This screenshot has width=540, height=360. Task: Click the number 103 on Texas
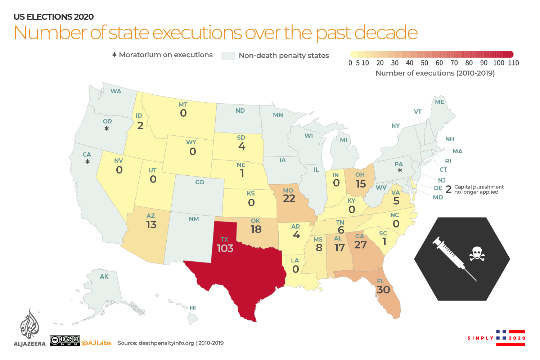pyautogui.click(x=225, y=248)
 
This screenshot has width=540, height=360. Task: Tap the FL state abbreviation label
pyautogui.click(x=381, y=281)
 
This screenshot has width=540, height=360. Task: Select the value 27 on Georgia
pyautogui.click(x=360, y=245)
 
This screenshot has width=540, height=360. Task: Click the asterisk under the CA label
pyautogui.click(x=87, y=162)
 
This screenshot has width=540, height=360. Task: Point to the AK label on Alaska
pyautogui.click(x=104, y=276)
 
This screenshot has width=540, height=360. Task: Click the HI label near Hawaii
pyautogui.click(x=193, y=308)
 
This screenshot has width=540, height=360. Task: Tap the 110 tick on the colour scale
pyautogui.click(x=513, y=63)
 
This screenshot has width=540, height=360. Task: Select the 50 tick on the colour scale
pyautogui.click(x=424, y=63)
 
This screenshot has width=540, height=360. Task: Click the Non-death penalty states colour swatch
pyautogui.click(x=228, y=56)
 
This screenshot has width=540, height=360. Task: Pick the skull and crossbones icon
pyautogui.click(x=477, y=253)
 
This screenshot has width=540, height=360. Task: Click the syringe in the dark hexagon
pyautogui.click(x=454, y=258)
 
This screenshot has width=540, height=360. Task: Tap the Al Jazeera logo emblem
pyautogui.click(x=30, y=324)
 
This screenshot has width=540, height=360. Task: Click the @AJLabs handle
pyautogui.click(x=96, y=343)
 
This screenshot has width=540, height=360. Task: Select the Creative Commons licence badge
pyautogui.click(x=65, y=341)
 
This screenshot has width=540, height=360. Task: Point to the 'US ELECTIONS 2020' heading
pyautogui.click(x=54, y=17)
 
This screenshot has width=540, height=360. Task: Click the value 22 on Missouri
pyautogui.click(x=289, y=198)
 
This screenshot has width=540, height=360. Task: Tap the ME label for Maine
pyautogui.click(x=440, y=102)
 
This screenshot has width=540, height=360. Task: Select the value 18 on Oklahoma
pyautogui.click(x=256, y=229)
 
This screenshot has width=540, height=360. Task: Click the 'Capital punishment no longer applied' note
pyautogui.click(x=479, y=189)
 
